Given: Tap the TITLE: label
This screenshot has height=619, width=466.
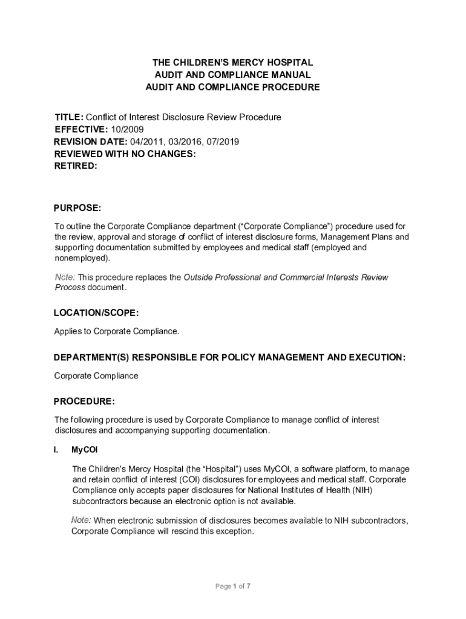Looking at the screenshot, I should [69, 117].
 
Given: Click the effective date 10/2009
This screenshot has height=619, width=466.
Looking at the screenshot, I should [127, 129].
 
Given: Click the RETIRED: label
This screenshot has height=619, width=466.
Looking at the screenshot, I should [76, 166].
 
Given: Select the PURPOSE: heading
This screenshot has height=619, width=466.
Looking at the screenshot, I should [77, 208].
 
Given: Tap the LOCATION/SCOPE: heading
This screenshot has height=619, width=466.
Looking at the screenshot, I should [96, 313].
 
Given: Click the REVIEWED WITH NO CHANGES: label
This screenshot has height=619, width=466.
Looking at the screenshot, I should [125, 154].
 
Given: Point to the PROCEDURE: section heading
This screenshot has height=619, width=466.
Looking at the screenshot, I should [84, 401].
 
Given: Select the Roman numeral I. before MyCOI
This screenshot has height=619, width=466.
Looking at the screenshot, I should [56, 450].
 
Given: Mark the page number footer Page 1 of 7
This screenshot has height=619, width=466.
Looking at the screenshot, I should [233, 586].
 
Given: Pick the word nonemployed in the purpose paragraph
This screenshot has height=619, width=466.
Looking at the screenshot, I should [81, 258].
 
